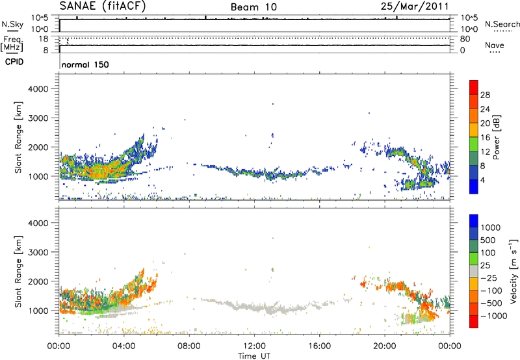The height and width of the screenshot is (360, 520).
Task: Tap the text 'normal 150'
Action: coord(85,65)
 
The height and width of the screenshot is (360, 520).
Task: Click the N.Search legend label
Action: coord(499,23)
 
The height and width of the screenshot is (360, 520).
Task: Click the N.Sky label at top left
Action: coord(11,24)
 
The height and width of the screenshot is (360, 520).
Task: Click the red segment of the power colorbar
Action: coord(474,87)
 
